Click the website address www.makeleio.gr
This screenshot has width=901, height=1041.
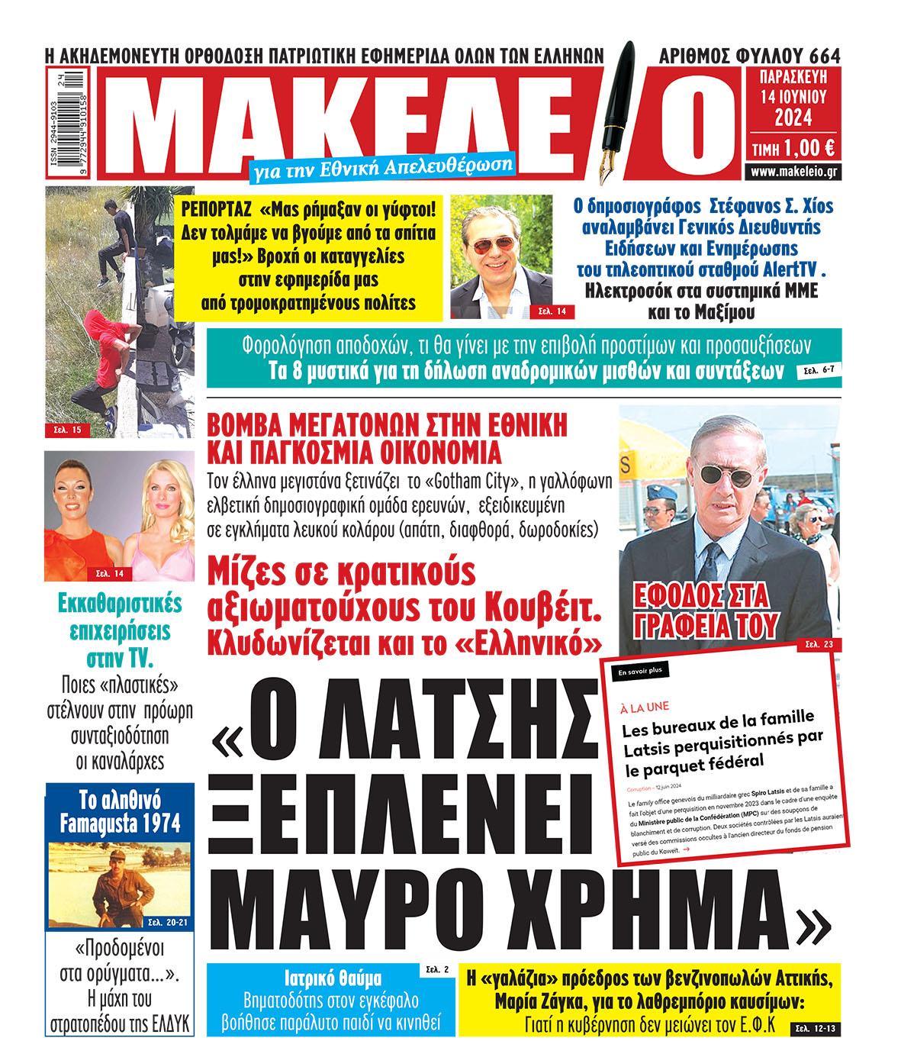pos(793,172)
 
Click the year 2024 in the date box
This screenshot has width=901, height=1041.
pos(793,118)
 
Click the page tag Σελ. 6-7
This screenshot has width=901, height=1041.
pos(819,371)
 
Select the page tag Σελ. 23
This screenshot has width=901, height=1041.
pos(819,645)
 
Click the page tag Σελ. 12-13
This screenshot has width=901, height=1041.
pos(815,1027)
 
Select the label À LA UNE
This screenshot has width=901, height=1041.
pos(645,707)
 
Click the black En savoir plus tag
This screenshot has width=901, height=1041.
pos(639,672)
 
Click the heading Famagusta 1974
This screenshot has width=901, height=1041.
pos(120,823)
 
